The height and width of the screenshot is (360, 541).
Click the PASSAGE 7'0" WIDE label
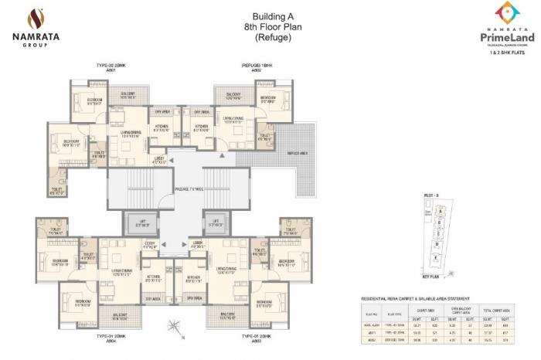click(x=185, y=188)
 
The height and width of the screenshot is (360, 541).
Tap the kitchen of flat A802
click(x=200, y=128)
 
